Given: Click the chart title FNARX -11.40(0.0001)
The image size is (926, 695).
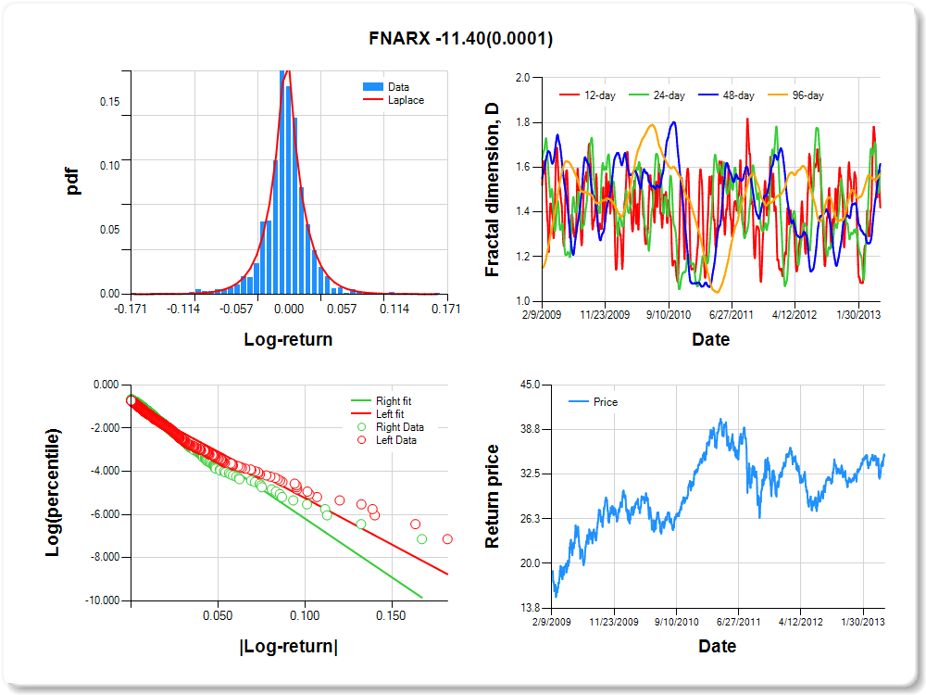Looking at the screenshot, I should (460, 38).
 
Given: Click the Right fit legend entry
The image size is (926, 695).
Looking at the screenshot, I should (390, 401).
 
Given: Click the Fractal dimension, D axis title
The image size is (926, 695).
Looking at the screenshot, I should (493, 190).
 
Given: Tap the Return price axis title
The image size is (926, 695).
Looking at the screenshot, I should (493, 496).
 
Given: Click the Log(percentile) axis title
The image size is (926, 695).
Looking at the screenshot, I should (55, 493).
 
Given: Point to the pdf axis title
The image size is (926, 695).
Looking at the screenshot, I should (73, 181).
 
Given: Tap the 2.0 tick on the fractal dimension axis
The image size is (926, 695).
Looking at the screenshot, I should (522, 78).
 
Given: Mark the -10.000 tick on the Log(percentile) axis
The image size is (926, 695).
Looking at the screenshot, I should (99, 600).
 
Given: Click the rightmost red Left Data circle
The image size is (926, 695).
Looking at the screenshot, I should (448, 538).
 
